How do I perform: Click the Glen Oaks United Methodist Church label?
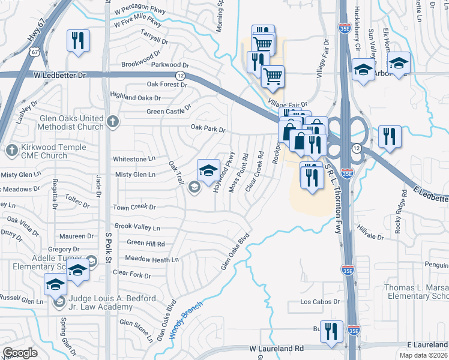click(70, 123)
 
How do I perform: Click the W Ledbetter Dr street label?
click(60, 75)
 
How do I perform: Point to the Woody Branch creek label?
click(187, 319)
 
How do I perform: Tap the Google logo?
click(20, 352)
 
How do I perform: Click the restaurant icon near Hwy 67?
click(78, 40)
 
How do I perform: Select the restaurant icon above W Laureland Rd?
click(331, 331)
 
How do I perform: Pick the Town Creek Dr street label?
click(134, 207)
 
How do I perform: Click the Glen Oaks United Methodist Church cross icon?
click(112, 122)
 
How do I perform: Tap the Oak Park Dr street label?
click(208, 128)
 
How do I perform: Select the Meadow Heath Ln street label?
click(152, 259)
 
